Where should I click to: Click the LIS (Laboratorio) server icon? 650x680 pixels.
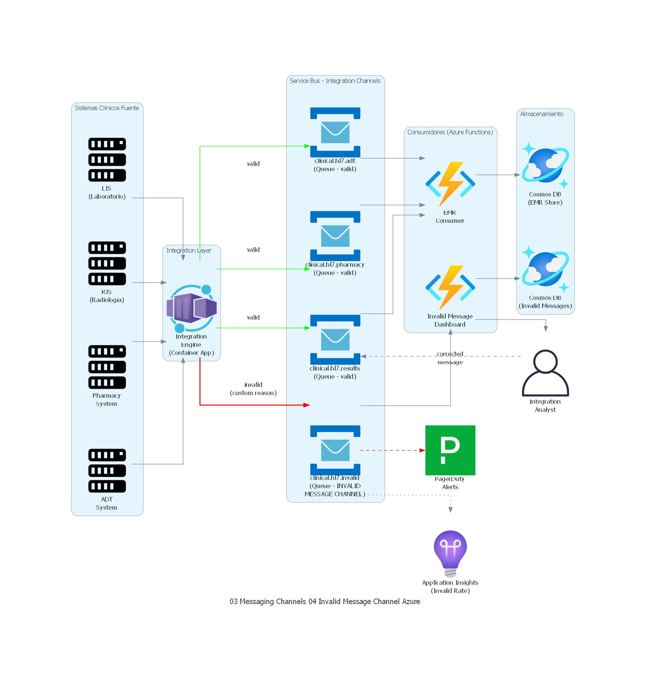107,160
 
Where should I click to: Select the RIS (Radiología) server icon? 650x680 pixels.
107,263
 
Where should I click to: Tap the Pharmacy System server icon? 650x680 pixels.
107,367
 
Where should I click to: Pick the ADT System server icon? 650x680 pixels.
107,470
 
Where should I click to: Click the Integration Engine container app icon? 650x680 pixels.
191,308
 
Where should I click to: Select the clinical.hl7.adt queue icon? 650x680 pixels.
335,132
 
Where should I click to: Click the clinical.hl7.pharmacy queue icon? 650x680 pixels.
335,236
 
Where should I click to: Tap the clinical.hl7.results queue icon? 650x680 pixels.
335,339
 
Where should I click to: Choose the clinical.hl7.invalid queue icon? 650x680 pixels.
335,450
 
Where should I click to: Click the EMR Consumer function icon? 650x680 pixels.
450,184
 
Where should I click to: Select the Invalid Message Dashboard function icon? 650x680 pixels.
450,287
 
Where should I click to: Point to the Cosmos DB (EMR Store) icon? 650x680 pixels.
545,165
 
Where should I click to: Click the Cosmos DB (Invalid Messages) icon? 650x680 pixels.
545,269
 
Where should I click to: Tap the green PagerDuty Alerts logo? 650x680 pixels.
450,450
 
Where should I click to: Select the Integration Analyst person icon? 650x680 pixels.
545,373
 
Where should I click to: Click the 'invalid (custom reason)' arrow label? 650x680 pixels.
253,389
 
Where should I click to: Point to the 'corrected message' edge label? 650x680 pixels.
450,358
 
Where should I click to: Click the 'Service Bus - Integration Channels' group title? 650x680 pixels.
335,81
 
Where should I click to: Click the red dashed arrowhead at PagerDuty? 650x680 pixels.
422,450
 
